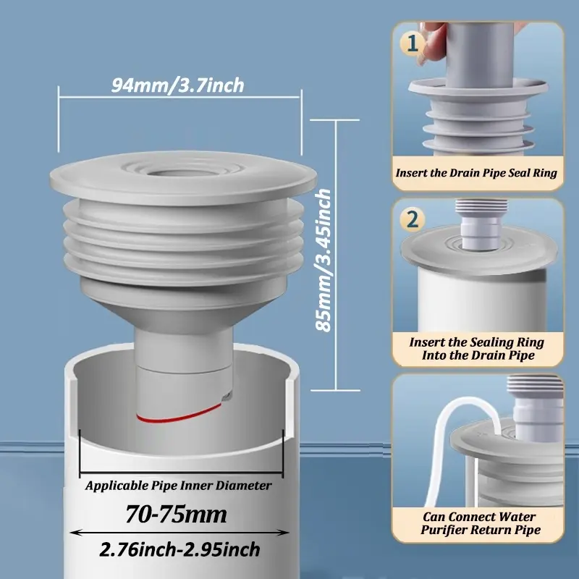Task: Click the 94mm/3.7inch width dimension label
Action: pyautogui.click(x=178, y=85)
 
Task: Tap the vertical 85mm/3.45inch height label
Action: pyautogui.click(x=324, y=260)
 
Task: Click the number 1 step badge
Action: pyautogui.click(x=413, y=43)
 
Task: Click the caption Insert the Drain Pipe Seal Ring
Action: pyautogui.click(x=476, y=173)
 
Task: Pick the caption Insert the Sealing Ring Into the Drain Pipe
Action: pyautogui.click(x=476, y=348)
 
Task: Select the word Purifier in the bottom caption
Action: pyautogui.click(x=449, y=530)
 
